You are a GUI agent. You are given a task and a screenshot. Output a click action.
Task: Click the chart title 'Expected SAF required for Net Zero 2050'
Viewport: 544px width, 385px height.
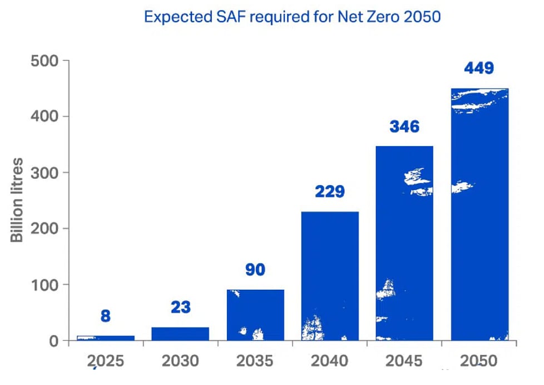pyautogui.click(x=292, y=17)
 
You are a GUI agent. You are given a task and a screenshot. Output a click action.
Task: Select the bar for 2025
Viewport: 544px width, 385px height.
pyautogui.click(x=106, y=338)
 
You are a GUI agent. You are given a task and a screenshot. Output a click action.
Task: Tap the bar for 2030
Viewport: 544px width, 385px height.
pyautogui.click(x=180, y=333)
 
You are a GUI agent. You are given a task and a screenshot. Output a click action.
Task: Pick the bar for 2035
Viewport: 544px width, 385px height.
pyautogui.click(x=255, y=315)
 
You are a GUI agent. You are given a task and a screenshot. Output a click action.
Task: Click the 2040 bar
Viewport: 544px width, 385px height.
pyautogui.click(x=330, y=276)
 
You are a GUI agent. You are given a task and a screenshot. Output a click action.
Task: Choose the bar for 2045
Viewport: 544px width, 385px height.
pyautogui.click(x=404, y=243)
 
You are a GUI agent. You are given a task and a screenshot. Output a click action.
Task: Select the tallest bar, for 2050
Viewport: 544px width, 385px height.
pyautogui.click(x=479, y=215)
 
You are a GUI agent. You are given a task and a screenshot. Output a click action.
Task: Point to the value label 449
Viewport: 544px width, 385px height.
pyautogui.click(x=479, y=69)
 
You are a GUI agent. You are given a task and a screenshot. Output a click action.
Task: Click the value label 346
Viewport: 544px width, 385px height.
pyautogui.click(x=404, y=126)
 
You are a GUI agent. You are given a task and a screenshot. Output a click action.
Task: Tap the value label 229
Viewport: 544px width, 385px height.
pyautogui.click(x=329, y=192)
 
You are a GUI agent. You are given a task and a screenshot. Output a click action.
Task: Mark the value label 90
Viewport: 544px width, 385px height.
pyautogui.click(x=255, y=270)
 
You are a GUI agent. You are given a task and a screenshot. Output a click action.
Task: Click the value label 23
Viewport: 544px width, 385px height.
pyautogui.click(x=180, y=307)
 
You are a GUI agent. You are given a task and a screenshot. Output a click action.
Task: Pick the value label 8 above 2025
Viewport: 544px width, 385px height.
pyautogui.click(x=106, y=316)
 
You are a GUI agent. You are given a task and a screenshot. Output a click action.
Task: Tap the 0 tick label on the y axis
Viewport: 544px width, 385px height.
pyautogui.click(x=55, y=340)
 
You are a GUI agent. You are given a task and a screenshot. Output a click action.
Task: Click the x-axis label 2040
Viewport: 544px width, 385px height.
pyautogui.click(x=330, y=361)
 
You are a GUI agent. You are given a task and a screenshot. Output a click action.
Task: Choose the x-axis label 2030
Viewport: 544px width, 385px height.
pyautogui.click(x=180, y=361)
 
